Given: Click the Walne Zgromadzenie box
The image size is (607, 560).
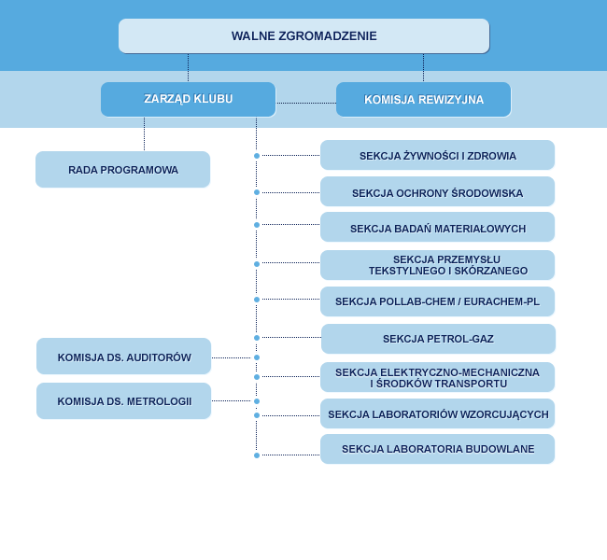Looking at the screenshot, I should (x=303, y=36).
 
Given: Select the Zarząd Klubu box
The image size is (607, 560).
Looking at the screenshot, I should (x=188, y=99).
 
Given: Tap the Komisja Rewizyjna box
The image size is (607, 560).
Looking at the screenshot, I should (x=423, y=100).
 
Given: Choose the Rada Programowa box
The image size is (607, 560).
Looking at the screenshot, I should (x=122, y=170).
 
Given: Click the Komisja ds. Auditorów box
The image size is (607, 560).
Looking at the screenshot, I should (x=123, y=357).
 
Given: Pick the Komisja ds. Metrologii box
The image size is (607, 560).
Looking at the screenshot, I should (x=123, y=401).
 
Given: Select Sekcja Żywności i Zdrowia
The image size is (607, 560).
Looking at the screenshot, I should (x=437, y=156).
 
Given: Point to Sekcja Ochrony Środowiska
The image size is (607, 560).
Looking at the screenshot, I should (x=437, y=193).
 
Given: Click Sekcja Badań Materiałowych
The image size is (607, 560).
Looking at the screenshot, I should (x=437, y=228).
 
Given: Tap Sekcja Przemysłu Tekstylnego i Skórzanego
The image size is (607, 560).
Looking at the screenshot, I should (x=437, y=265).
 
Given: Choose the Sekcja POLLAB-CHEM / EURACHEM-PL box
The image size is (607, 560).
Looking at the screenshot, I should (x=437, y=301).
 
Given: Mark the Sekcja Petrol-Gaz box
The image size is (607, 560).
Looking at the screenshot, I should (x=437, y=339).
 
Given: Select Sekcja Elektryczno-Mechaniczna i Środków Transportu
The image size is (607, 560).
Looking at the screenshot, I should (x=437, y=377).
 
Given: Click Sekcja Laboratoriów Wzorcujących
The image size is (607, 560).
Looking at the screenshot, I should (x=437, y=413).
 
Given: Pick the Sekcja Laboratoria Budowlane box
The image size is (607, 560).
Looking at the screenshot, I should (x=437, y=449).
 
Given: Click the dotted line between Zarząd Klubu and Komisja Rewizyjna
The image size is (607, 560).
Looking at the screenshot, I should (x=305, y=103).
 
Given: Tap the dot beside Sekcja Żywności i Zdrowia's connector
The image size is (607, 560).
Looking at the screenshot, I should (x=257, y=156).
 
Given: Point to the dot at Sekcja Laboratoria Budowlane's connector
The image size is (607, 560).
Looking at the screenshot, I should (x=257, y=455).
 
